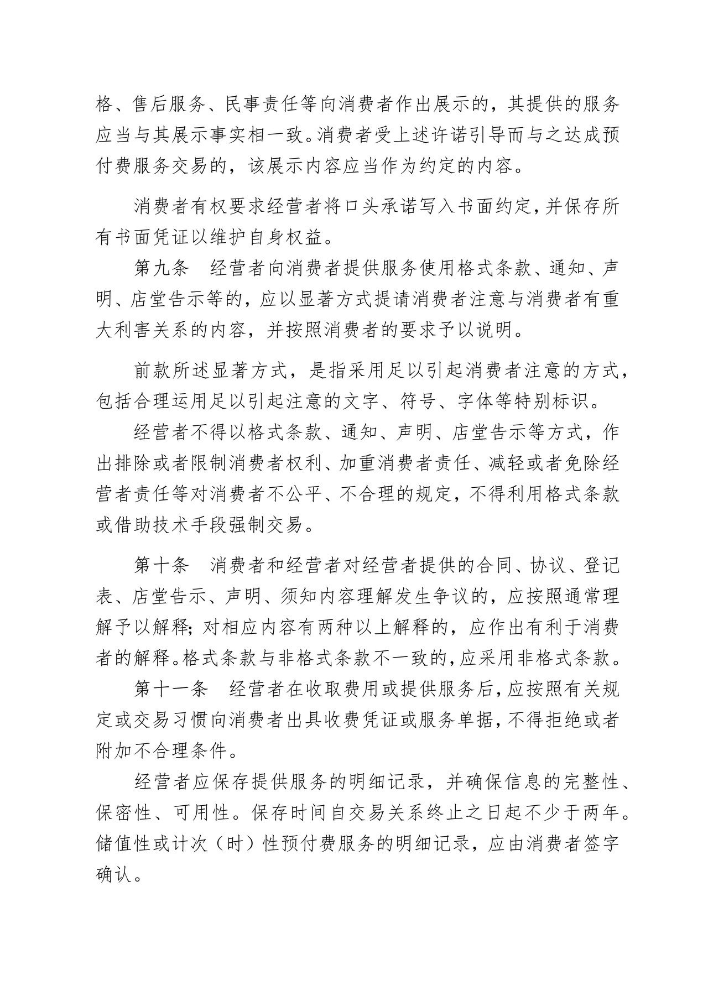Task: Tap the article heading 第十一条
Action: pos(171,690)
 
